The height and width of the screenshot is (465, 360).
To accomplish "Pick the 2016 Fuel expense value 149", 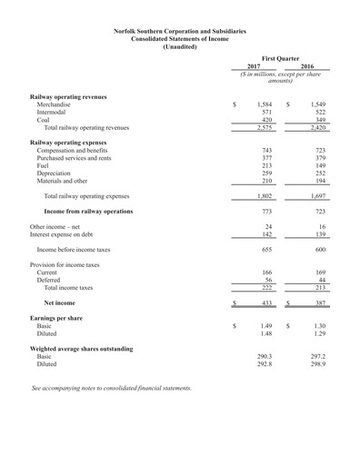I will (x=318, y=165).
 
